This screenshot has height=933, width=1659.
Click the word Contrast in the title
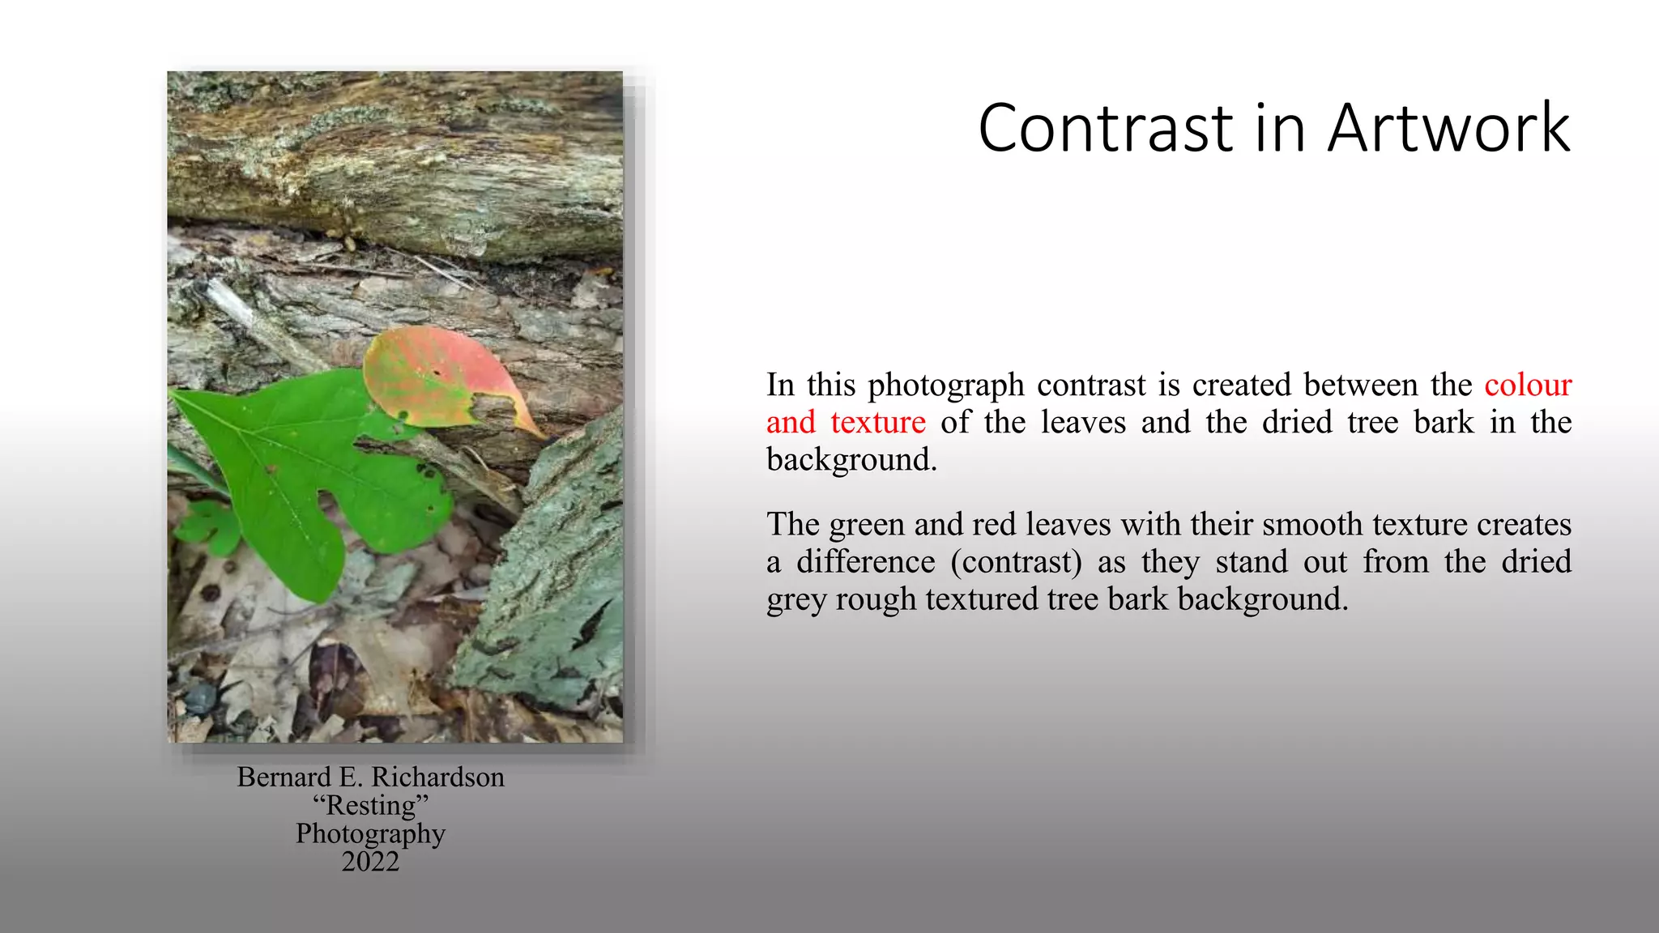[x=1106, y=128]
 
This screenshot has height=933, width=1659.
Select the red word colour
[x=1528, y=385]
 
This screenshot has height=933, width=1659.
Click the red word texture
[x=878, y=422]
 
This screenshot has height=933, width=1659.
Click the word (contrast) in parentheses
[x=1017, y=561]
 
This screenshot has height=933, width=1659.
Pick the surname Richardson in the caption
[x=437, y=777]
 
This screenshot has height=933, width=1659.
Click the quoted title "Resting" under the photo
[x=370, y=805]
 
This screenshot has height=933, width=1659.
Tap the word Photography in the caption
[x=370, y=834]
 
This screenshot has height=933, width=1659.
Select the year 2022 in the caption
[x=370, y=861]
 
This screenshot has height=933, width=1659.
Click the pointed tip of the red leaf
[x=541, y=433]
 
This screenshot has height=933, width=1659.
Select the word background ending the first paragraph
[x=851, y=460]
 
